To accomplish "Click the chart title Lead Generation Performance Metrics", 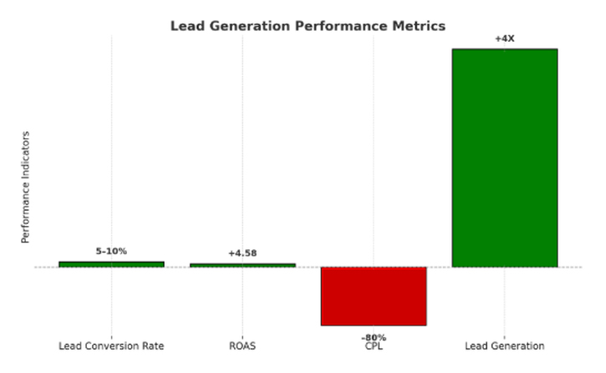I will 308,26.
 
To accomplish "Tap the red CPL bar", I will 374,296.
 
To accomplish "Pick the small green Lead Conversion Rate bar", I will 111,264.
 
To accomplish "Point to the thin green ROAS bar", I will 242,265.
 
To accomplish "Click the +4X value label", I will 504,38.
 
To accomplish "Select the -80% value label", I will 374,338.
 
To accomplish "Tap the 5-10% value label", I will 111,251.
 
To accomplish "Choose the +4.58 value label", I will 242,253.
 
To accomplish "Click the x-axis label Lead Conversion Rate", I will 111,346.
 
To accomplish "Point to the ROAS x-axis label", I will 242,346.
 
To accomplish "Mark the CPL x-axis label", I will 374,346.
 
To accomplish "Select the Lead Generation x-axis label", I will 504,346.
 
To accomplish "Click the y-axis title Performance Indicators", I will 26,186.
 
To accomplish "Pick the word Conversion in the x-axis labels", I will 112,346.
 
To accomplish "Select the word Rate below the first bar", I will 152,346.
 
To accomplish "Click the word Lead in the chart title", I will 186,26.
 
